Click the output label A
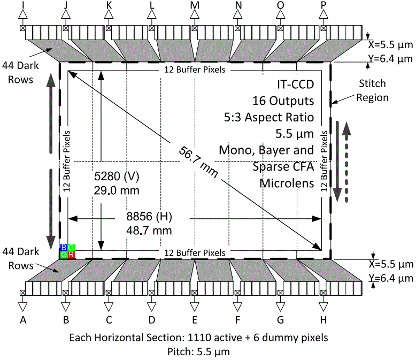(22, 320)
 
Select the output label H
(323, 320)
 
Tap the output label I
(22, 5)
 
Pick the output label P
(323, 5)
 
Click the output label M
(195, 5)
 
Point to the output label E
(195, 320)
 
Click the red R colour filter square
(71, 255)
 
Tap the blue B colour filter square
(64, 248)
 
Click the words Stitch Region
(374, 91)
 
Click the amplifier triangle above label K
(109, 16)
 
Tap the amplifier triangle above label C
(109, 306)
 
